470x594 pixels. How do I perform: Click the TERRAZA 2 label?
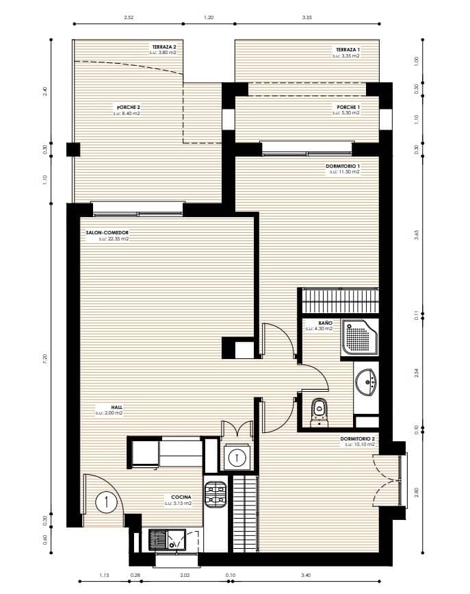(x=164, y=47)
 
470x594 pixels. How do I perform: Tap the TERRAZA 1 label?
(x=347, y=50)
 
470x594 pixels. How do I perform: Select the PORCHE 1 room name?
(x=348, y=108)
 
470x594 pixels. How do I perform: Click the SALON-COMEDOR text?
(x=107, y=234)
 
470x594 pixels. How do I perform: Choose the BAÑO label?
(x=325, y=323)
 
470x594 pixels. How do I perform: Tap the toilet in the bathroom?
(x=318, y=410)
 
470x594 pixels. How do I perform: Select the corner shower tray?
(x=359, y=337)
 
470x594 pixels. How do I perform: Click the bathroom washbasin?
(x=367, y=382)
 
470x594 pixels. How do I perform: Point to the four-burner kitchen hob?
(x=217, y=495)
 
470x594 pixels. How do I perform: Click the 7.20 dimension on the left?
(x=45, y=360)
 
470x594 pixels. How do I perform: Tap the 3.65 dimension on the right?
(x=415, y=236)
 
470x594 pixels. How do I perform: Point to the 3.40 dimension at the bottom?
(x=305, y=576)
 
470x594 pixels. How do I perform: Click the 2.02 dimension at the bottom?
(x=185, y=576)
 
